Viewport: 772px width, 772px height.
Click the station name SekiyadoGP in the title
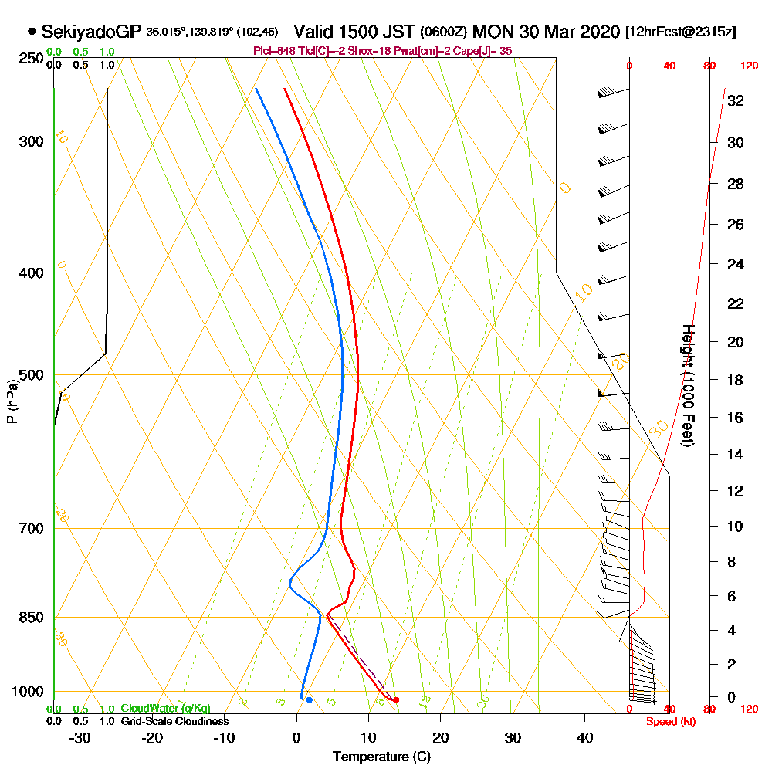tap(91, 32)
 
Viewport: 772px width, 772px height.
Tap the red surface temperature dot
tap(396, 700)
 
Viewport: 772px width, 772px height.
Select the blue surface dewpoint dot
tap(309, 700)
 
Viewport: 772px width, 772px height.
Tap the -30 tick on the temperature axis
tap(80, 737)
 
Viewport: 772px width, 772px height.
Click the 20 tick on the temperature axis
tap(441, 737)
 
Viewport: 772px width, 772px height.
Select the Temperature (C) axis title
tap(381, 757)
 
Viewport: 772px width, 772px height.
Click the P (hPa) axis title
tap(12, 401)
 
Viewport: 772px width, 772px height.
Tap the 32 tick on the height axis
tap(735, 100)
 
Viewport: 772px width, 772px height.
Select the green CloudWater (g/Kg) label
tap(165, 709)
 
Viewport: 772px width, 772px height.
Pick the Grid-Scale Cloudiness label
tap(174, 721)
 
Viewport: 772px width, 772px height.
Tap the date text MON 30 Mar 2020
tap(547, 32)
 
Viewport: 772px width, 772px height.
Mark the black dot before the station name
tap(32, 32)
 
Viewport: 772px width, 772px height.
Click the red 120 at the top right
tap(749, 66)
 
